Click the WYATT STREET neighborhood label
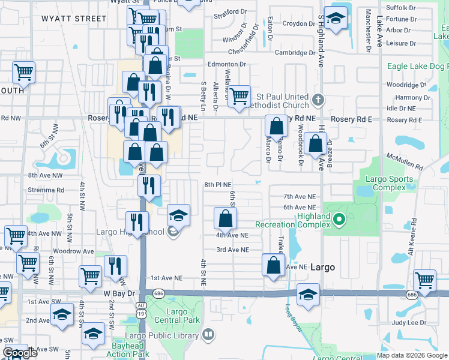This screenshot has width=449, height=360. (74, 19)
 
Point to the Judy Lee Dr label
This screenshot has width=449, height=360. (409, 322)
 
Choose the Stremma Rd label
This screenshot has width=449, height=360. (45, 190)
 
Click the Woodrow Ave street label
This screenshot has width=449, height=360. (73, 251)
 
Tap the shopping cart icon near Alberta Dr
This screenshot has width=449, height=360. (240, 95)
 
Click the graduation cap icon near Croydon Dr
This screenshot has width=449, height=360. (337, 17)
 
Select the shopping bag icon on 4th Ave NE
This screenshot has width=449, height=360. (225, 218)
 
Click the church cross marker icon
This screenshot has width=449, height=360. (319, 99)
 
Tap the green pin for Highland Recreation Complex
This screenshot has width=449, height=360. (339, 220)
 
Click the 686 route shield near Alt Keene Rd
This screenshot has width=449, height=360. (411, 295)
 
